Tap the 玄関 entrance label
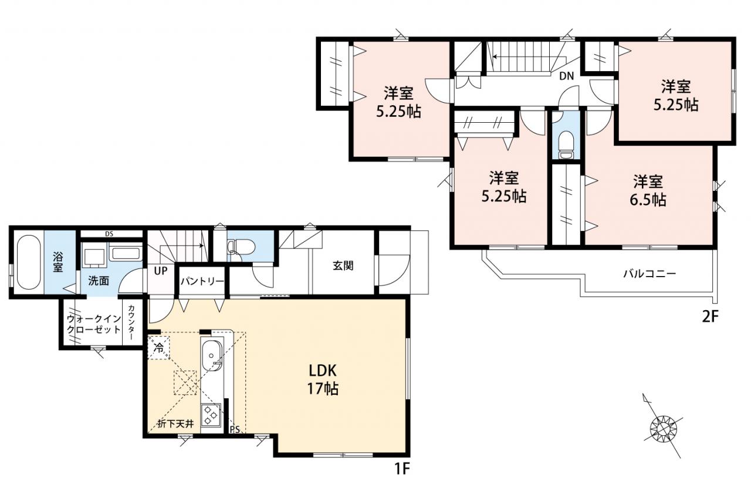(343, 265)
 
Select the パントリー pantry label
(202, 281)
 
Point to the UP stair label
(161, 271)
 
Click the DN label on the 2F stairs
(567, 76)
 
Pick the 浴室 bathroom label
(57, 263)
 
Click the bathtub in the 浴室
(29, 263)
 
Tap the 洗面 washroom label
(99, 281)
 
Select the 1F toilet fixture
(241, 246)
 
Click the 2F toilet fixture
(566, 145)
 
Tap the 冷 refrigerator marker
(158, 348)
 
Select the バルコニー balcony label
(649, 274)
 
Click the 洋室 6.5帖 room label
(648, 191)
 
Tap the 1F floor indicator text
(402, 469)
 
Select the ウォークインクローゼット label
(94, 324)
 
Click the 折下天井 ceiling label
(175, 424)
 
